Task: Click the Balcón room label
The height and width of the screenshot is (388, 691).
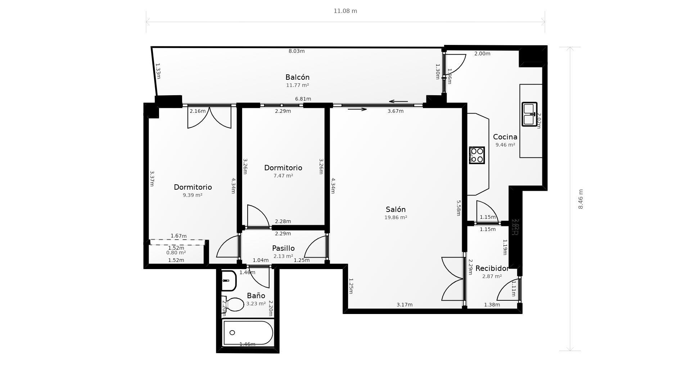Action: pyautogui.click(x=297, y=77)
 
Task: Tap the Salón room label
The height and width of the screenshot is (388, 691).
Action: pyautogui.click(x=396, y=209)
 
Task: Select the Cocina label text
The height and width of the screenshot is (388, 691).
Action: pyautogui.click(x=505, y=137)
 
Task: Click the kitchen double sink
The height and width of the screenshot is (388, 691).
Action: pyautogui.click(x=529, y=115)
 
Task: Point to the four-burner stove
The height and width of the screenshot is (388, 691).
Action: pyautogui.click(x=477, y=155)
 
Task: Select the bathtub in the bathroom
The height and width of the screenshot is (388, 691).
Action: pyautogui.click(x=248, y=333)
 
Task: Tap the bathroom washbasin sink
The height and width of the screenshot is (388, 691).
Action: pyautogui.click(x=228, y=281)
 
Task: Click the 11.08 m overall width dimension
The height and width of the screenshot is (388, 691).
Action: pyautogui.click(x=345, y=11)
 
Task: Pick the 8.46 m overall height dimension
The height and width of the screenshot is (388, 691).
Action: pyautogui.click(x=581, y=199)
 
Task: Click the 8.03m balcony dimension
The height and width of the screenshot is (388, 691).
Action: pyautogui.click(x=297, y=51)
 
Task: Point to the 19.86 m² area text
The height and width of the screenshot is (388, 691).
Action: pyautogui.click(x=396, y=217)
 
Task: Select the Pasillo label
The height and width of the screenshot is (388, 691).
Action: pyautogui.click(x=283, y=248)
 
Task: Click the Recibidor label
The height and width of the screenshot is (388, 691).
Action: pyautogui.click(x=492, y=268)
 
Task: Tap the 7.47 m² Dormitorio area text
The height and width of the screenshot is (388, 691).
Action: pyautogui.click(x=283, y=176)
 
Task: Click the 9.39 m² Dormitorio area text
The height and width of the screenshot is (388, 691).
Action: pyautogui.click(x=193, y=195)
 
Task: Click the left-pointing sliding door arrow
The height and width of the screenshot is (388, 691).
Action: pyautogui.click(x=398, y=102)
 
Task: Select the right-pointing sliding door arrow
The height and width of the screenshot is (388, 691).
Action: pyautogui.click(x=357, y=109)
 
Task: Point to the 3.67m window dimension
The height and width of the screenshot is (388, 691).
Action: pyautogui.click(x=395, y=111)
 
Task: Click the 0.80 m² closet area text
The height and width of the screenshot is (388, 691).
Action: pyautogui.click(x=176, y=253)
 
